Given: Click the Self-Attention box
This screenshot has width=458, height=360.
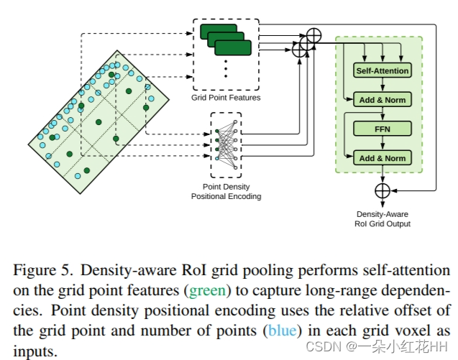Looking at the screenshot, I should click(x=383, y=70).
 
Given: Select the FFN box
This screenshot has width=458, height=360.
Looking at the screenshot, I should click(x=383, y=129).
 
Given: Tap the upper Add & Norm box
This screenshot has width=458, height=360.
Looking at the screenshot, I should click(x=383, y=100).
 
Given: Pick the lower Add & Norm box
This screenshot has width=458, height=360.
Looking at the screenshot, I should click(x=383, y=158).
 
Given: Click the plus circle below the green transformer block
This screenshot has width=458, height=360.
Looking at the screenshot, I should click(x=383, y=190).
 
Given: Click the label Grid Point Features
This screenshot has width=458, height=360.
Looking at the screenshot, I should click(x=226, y=97).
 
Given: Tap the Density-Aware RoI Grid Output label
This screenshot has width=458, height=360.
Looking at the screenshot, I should click(x=383, y=219).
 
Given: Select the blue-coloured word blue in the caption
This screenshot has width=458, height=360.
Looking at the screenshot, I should click(x=280, y=332).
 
